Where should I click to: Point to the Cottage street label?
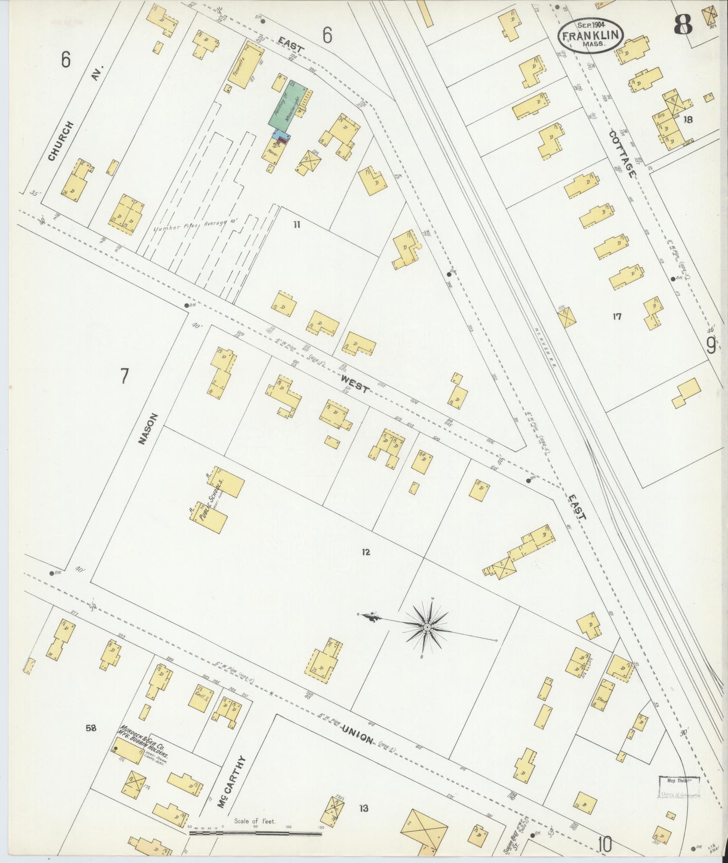(x=623, y=153)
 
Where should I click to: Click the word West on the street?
(x=355, y=385)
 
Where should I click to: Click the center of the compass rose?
(x=426, y=628)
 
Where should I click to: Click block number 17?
(x=617, y=317)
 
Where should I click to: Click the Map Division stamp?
(x=678, y=787)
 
